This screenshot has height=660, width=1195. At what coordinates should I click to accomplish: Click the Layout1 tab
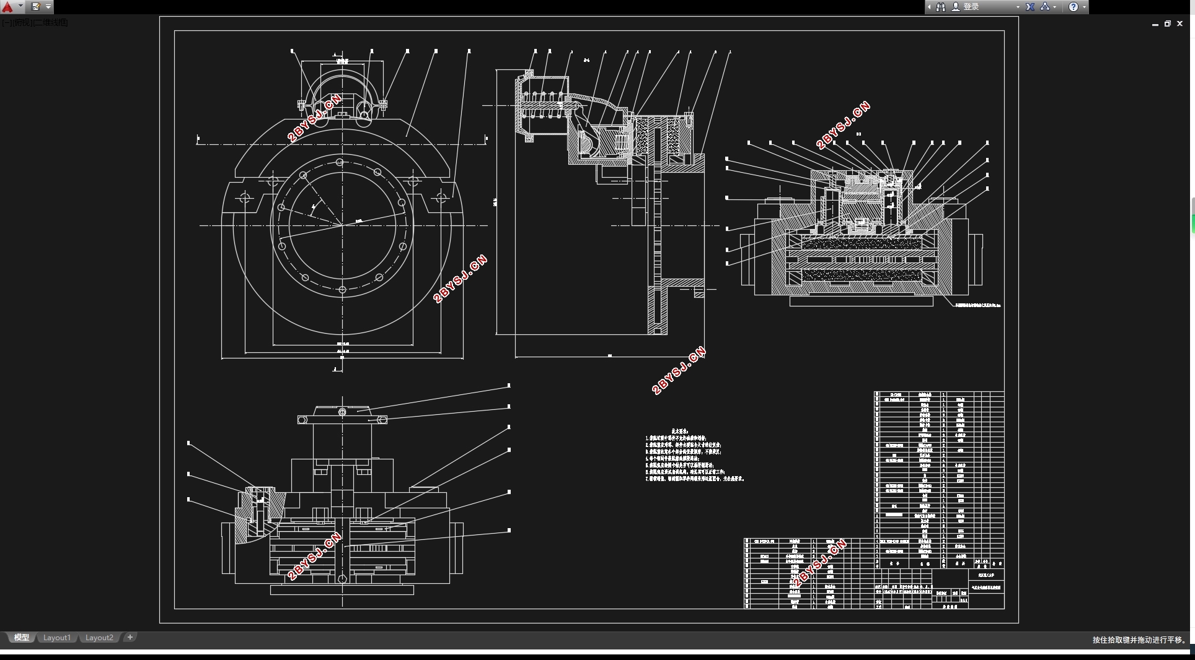(x=56, y=638)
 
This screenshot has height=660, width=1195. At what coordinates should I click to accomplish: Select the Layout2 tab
(x=99, y=638)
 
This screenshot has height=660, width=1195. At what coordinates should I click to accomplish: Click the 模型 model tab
(x=22, y=638)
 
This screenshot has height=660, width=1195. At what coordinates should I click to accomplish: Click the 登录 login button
(x=971, y=7)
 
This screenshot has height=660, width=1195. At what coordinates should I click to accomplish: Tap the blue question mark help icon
(x=1074, y=7)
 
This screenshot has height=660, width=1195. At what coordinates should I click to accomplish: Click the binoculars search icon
(x=941, y=7)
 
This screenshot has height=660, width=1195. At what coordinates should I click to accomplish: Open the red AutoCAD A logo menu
(x=7, y=7)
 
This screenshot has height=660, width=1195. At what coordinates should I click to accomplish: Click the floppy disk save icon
(x=36, y=7)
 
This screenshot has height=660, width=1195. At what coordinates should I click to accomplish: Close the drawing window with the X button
(x=1180, y=24)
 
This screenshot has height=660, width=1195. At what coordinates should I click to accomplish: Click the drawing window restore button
(x=1168, y=24)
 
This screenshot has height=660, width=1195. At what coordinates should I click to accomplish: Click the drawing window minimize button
(x=1155, y=24)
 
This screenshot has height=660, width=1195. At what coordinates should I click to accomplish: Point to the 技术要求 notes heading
(x=680, y=431)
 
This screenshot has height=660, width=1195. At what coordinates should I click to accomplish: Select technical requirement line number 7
(x=694, y=479)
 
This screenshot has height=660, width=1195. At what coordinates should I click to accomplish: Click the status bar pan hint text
(x=1139, y=640)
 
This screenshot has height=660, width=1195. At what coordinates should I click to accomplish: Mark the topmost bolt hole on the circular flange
(x=340, y=163)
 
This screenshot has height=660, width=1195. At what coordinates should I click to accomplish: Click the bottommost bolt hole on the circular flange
(x=343, y=289)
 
